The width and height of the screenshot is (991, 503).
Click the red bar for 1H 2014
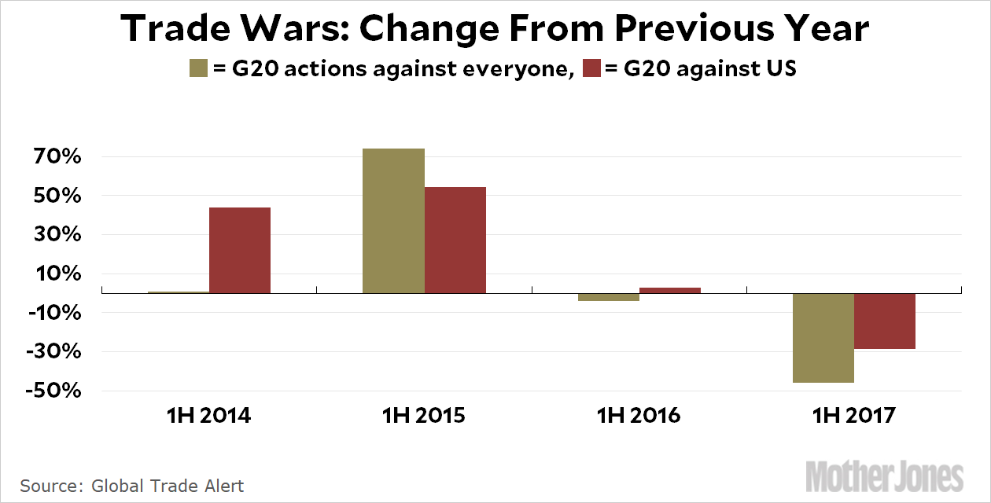(x=240, y=250)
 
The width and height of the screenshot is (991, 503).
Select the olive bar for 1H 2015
(x=394, y=221)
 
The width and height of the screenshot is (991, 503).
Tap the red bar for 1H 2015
(x=455, y=240)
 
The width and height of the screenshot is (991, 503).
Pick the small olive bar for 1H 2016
(x=609, y=297)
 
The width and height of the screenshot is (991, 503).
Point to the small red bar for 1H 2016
(x=670, y=290)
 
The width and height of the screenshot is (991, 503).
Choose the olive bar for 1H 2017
(x=823, y=338)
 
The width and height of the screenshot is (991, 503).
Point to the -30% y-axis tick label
(x=53, y=352)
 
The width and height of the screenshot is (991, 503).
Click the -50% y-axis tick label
(x=53, y=391)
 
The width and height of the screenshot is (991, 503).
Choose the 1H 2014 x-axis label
(x=209, y=415)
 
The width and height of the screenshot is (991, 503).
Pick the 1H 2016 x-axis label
(x=639, y=415)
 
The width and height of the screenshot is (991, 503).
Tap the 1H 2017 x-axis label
(x=854, y=415)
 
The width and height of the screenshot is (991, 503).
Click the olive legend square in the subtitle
(x=198, y=68)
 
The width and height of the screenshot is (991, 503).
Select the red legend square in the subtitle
(x=591, y=68)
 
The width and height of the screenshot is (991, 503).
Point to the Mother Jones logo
(x=885, y=477)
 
